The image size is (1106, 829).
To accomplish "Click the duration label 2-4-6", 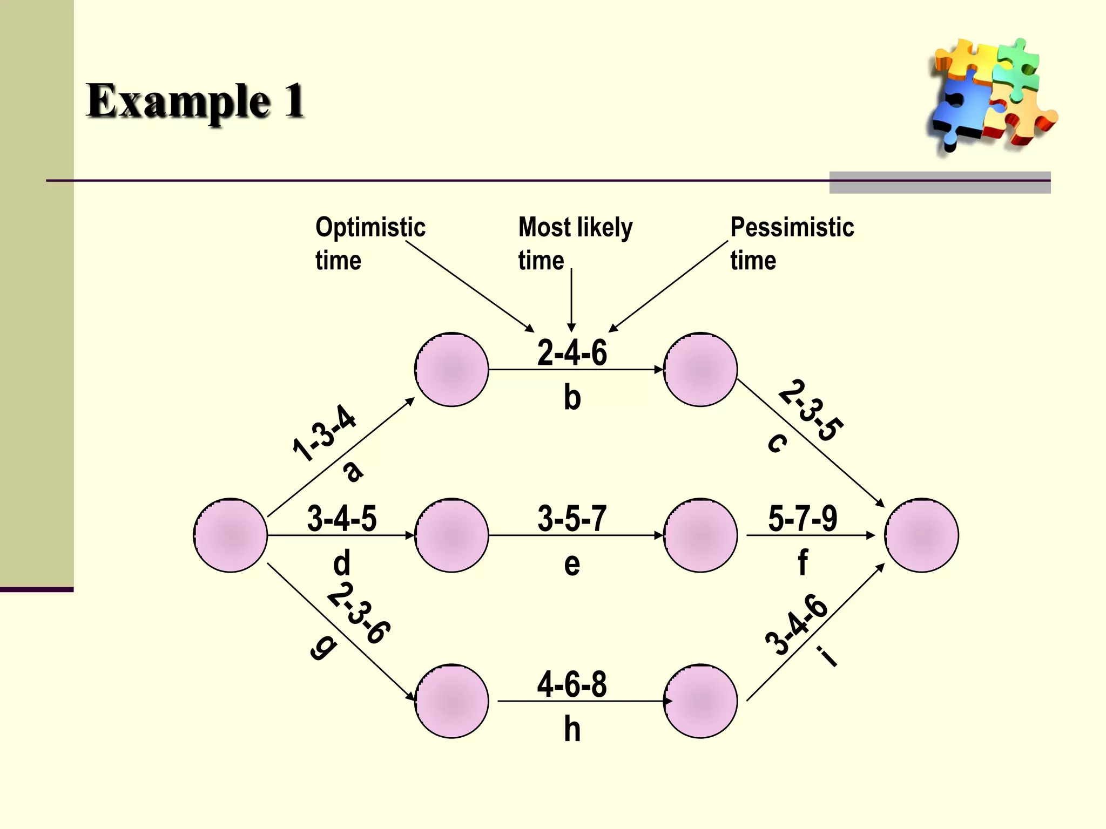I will click(572, 353).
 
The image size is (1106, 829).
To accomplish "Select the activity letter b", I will click(572, 398).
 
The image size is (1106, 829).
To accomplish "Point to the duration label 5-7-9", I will click(802, 519).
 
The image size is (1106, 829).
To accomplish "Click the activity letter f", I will click(802, 562).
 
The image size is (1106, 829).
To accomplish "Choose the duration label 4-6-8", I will click(572, 684).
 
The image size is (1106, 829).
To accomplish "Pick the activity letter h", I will click(572, 730).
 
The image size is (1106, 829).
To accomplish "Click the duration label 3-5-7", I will click(572, 519).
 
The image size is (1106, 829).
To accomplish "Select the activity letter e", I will click(572, 565).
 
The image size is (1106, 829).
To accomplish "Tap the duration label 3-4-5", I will click(342, 519).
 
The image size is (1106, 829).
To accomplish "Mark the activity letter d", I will click(342, 563).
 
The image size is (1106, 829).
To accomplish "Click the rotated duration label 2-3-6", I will click(359, 613).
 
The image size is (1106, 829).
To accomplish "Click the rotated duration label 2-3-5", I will click(811, 411).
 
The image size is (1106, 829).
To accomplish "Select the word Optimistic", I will click(370, 227).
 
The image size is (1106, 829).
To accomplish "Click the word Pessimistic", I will click(792, 227).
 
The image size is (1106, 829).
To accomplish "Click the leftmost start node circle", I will click(231, 535).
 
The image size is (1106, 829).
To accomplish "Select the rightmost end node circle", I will click(921, 535).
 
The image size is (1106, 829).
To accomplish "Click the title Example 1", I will click(195, 101).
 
